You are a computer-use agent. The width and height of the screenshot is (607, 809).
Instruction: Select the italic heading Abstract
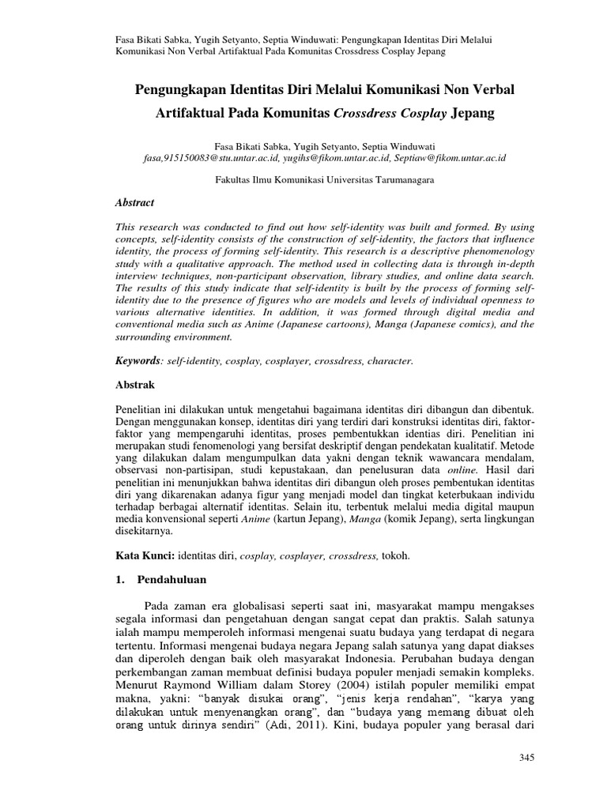tap(135, 203)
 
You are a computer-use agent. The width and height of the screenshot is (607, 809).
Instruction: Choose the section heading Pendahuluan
tap(172, 579)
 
